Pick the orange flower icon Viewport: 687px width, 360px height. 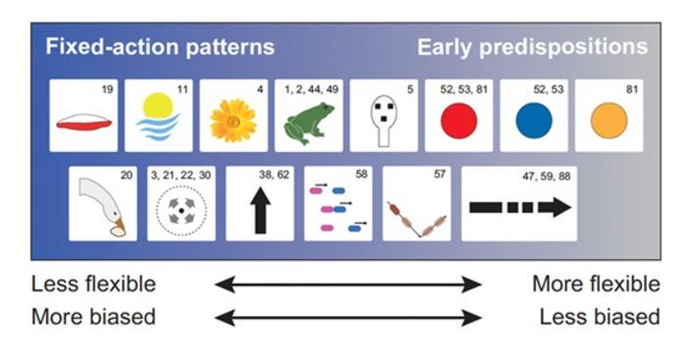[x=233, y=121]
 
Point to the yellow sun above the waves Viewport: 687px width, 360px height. [x=157, y=106]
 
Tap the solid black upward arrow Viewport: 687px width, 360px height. [x=260, y=210]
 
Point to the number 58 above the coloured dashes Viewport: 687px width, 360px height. [x=362, y=175]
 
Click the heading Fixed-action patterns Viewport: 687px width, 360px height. [x=159, y=47]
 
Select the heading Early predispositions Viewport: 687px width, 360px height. [x=532, y=47]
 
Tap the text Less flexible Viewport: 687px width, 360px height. [x=93, y=284]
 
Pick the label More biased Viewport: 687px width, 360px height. [x=93, y=317]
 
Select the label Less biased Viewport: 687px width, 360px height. [x=599, y=317]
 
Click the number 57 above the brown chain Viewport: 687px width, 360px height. [x=441, y=175]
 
